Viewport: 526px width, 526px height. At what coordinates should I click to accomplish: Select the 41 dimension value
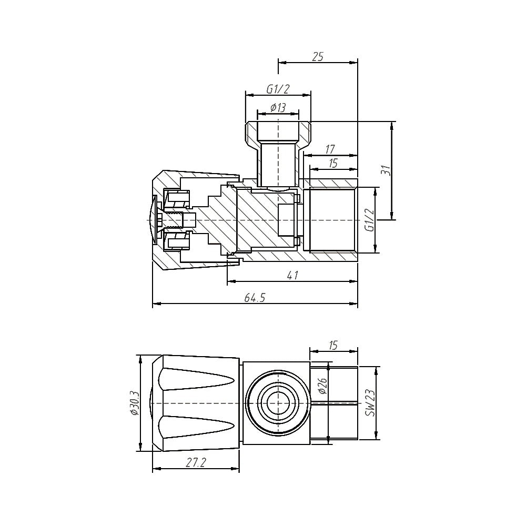(292, 276)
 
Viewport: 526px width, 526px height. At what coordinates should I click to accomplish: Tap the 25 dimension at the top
(317, 57)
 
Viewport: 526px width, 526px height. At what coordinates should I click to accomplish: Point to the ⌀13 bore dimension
(278, 108)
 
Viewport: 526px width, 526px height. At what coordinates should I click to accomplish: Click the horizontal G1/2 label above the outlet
(278, 89)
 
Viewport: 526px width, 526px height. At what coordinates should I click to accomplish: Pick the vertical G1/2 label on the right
(369, 220)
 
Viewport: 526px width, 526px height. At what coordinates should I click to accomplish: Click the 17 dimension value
(330, 149)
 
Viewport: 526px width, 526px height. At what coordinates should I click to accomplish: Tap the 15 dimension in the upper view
(333, 164)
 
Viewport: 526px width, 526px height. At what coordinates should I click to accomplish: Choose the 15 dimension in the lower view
(333, 345)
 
